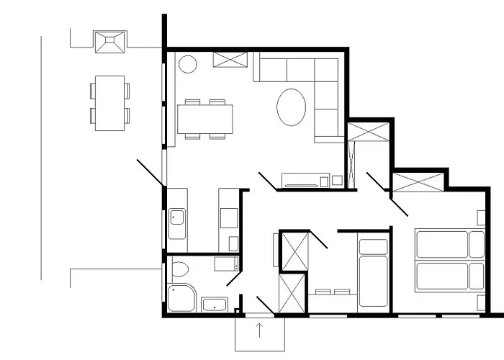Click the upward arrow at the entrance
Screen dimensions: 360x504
260,330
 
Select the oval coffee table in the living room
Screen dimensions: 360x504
291,107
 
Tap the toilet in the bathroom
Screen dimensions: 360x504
180,271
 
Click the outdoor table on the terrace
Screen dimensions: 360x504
110,103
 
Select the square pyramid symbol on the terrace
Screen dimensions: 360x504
109,42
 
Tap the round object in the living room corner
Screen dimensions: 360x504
187,65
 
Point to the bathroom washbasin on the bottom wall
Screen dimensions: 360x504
215,304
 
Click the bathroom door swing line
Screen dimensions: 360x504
235,278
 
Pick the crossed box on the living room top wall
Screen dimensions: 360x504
232,60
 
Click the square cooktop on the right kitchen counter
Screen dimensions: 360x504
230,215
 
